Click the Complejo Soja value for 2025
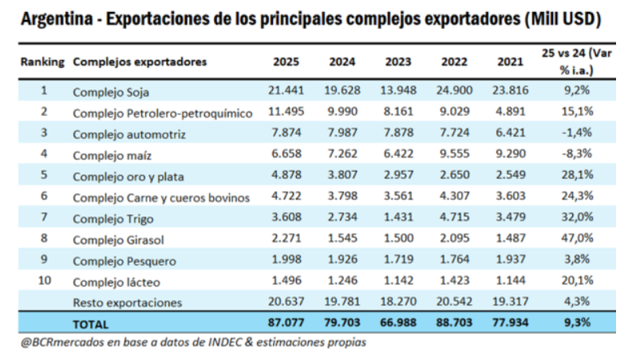tap(286, 91)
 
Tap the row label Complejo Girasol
tap(117, 239)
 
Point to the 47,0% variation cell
tap(577, 239)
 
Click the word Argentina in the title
tap(57, 18)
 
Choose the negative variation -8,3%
tap(577, 154)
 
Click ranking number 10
tap(43, 281)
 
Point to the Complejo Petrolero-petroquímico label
tap(162, 113)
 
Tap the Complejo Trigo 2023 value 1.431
tap(397, 218)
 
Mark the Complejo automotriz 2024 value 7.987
tap(342, 133)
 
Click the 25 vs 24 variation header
tap(576, 61)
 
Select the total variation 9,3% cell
tap(577, 323)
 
